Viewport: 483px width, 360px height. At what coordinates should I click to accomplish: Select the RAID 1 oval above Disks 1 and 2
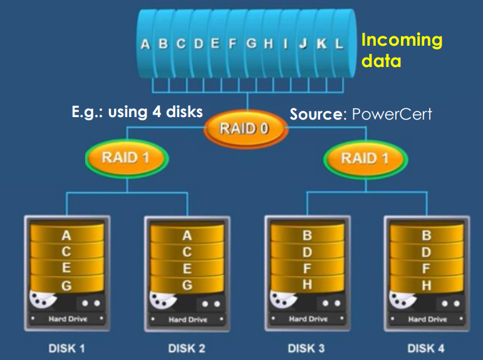click(127, 157)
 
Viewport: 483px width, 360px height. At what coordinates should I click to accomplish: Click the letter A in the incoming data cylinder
click(145, 44)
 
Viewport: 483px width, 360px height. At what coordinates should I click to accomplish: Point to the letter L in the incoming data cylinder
click(339, 44)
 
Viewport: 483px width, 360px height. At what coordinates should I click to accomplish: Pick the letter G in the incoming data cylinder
click(251, 44)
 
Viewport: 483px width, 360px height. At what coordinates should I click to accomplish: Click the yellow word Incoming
click(402, 41)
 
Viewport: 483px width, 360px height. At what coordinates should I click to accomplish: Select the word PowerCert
click(392, 115)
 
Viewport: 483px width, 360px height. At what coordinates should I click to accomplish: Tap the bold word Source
click(316, 115)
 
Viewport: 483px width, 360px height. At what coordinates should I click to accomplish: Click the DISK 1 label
click(67, 347)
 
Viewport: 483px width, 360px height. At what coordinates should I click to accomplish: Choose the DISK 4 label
click(426, 347)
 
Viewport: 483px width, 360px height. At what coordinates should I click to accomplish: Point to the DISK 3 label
click(306, 347)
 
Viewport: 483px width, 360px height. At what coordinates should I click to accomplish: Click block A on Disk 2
click(187, 237)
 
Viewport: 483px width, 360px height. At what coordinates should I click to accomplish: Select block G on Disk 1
click(66, 285)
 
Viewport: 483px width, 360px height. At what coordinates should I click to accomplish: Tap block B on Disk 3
click(307, 237)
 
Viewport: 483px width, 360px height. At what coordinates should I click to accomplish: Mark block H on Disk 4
click(427, 285)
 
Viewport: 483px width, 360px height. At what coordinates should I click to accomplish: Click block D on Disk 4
click(427, 253)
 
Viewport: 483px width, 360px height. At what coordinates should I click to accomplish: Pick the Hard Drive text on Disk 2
click(187, 319)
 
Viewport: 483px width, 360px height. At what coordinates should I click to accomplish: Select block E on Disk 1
click(66, 269)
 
